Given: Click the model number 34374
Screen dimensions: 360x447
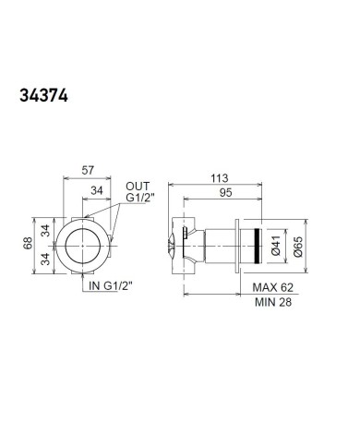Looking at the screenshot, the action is point(43,96).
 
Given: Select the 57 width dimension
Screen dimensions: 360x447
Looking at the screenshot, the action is point(88,170).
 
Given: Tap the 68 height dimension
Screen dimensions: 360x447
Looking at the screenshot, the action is point(29,243).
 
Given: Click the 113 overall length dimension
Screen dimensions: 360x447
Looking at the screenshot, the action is point(220,178).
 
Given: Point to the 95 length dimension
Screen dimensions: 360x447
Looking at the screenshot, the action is point(225,193).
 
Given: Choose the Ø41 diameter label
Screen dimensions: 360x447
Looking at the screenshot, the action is point(276,246).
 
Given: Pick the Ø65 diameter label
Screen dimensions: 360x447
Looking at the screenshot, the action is point(298,247).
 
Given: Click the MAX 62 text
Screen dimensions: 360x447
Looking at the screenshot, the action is point(273,287).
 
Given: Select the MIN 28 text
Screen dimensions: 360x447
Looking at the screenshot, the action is point(273,302).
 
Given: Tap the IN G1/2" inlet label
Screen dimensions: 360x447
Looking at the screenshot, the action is point(111,285).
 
